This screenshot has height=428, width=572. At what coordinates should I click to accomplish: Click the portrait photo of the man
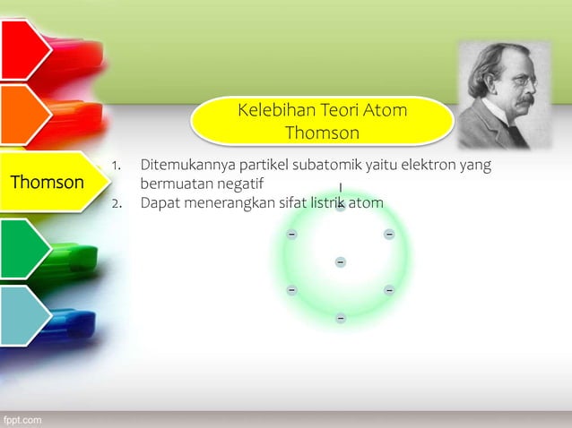tap(504, 95)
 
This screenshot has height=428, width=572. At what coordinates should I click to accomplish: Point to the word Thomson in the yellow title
tap(322, 133)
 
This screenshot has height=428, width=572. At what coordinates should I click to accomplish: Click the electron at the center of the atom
tap(341, 261)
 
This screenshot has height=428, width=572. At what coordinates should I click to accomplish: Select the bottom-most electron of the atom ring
tap(341, 318)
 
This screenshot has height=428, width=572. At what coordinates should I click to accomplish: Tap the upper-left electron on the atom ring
tap(291, 234)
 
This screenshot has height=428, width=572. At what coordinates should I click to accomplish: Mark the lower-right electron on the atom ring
tap(389, 290)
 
